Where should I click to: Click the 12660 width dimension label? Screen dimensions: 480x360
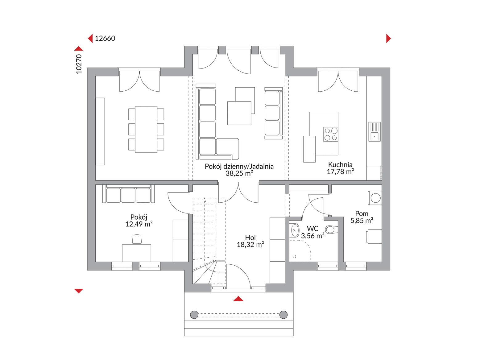point(105,39)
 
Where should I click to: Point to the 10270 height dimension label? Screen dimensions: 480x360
point(79,64)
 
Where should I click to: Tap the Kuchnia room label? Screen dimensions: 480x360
point(340,165)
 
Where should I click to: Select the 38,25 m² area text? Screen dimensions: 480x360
point(239,173)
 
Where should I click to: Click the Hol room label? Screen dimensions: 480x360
point(250,238)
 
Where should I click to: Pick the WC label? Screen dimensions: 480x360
point(312,229)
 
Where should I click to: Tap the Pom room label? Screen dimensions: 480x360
point(362,213)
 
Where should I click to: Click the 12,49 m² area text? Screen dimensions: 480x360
point(139,224)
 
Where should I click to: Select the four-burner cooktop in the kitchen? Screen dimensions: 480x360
point(331,134)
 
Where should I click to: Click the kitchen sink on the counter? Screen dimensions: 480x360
point(374,132)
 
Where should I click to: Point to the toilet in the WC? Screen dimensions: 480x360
point(332,230)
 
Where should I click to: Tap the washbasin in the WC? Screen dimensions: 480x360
point(295,230)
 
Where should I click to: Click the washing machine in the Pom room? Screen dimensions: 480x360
point(375,198)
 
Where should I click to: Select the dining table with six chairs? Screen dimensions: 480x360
point(146,129)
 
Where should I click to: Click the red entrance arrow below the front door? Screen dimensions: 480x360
point(238,299)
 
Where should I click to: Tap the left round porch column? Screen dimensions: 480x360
point(194,315)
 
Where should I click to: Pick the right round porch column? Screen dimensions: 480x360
point(283,315)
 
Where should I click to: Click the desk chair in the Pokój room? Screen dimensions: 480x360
point(137,239)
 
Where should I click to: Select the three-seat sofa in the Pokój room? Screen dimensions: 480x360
point(129,194)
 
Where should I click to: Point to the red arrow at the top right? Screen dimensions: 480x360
point(388,39)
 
